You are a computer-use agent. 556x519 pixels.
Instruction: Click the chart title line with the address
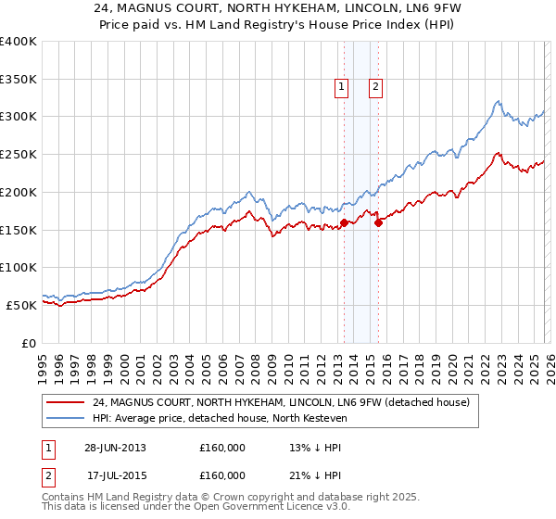(277, 9)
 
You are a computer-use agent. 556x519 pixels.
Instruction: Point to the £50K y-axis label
(21, 305)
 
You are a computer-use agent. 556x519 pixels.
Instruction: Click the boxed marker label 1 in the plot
(342, 88)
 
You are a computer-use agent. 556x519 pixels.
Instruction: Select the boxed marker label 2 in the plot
(375, 88)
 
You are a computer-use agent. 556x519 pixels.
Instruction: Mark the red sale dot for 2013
(344, 222)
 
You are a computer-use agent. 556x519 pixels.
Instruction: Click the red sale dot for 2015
(378, 222)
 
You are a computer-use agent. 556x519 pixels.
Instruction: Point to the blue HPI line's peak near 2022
(498, 101)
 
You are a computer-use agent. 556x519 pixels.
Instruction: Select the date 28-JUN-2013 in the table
(115, 448)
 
